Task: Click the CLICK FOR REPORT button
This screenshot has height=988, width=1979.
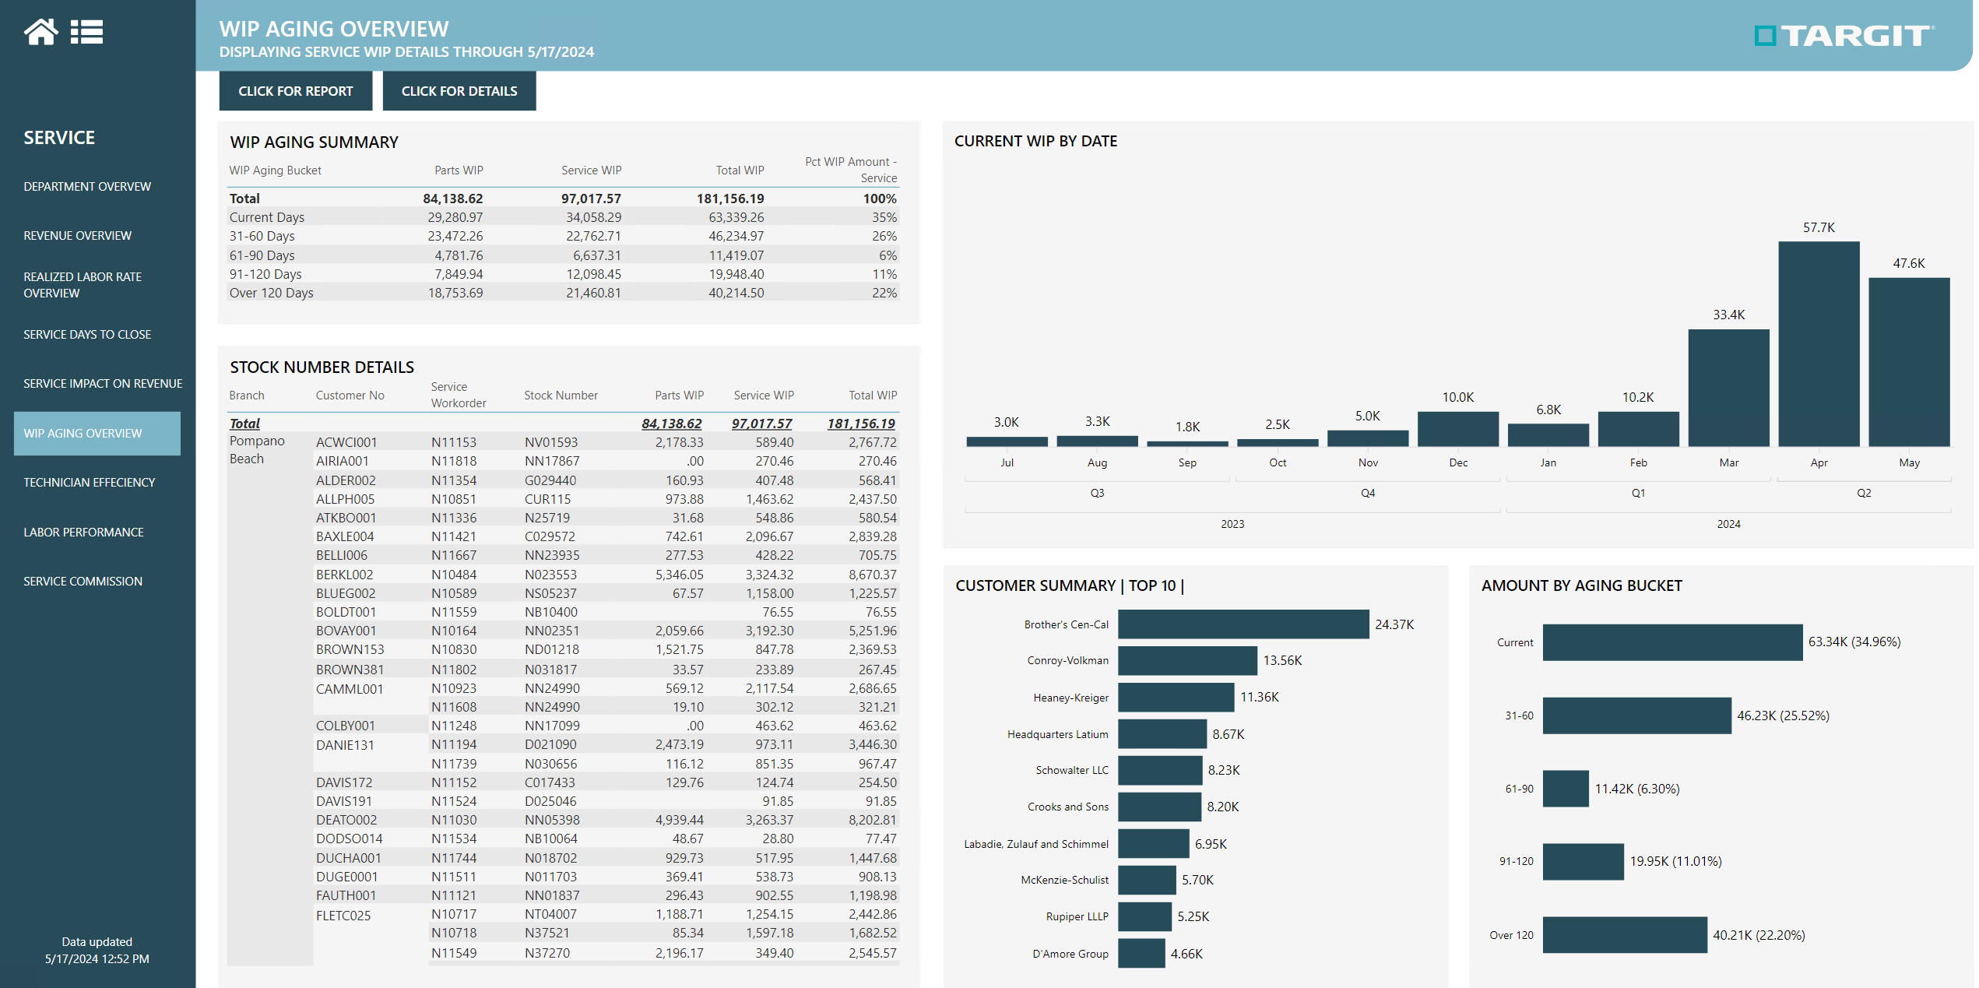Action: click(x=295, y=91)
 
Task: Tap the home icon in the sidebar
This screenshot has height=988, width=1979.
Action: click(x=40, y=32)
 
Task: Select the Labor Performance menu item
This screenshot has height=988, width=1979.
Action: click(x=83, y=532)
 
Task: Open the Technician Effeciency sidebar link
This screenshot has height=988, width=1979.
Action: click(x=89, y=482)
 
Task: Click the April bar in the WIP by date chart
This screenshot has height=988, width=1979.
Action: click(x=1818, y=343)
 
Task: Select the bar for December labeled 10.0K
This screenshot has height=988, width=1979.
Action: click(x=1457, y=429)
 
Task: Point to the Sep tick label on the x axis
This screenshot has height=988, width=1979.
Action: click(x=1186, y=462)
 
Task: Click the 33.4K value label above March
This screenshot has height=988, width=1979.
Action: click(x=1728, y=315)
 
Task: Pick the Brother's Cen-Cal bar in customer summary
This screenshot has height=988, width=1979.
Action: click(x=1243, y=624)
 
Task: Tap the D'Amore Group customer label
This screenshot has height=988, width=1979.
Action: click(x=1070, y=954)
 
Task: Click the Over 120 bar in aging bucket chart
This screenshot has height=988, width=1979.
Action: click(x=1624, y=934)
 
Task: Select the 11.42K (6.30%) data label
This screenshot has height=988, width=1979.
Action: click(x=1636, y=789)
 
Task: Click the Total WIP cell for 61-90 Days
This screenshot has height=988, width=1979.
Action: click(x=736, y=255)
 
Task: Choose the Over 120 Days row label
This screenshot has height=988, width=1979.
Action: click(x=271, y=293)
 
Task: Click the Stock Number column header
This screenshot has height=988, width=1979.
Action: click(x=561, y=396)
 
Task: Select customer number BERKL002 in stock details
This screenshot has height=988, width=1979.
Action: click(x=344, y=575)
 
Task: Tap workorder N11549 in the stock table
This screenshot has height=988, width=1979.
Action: click(x=454, y=953)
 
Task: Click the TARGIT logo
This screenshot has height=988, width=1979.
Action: click(x=1843, y=36)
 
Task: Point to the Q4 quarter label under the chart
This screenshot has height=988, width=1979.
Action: click(x=1367, y=493)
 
